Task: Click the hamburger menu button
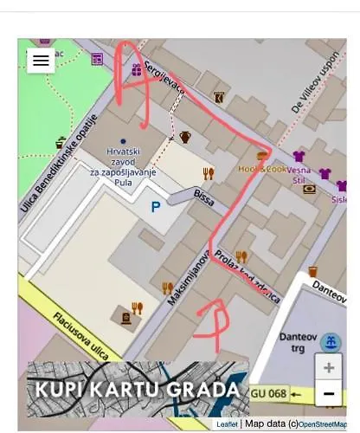click(x=41, y=61)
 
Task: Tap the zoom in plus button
click(x=328, y=367)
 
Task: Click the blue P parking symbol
click(x=156, y=207)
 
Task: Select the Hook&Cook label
click(x=261, y=169)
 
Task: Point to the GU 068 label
click(x=268, y=394)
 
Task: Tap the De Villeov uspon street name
click(x=315, y=87)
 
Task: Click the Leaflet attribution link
click(x=227, y=424)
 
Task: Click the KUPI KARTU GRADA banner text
click(x=137, y=387)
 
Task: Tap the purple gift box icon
click(x=136, y=69)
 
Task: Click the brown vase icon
click(x=185, y=137)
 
